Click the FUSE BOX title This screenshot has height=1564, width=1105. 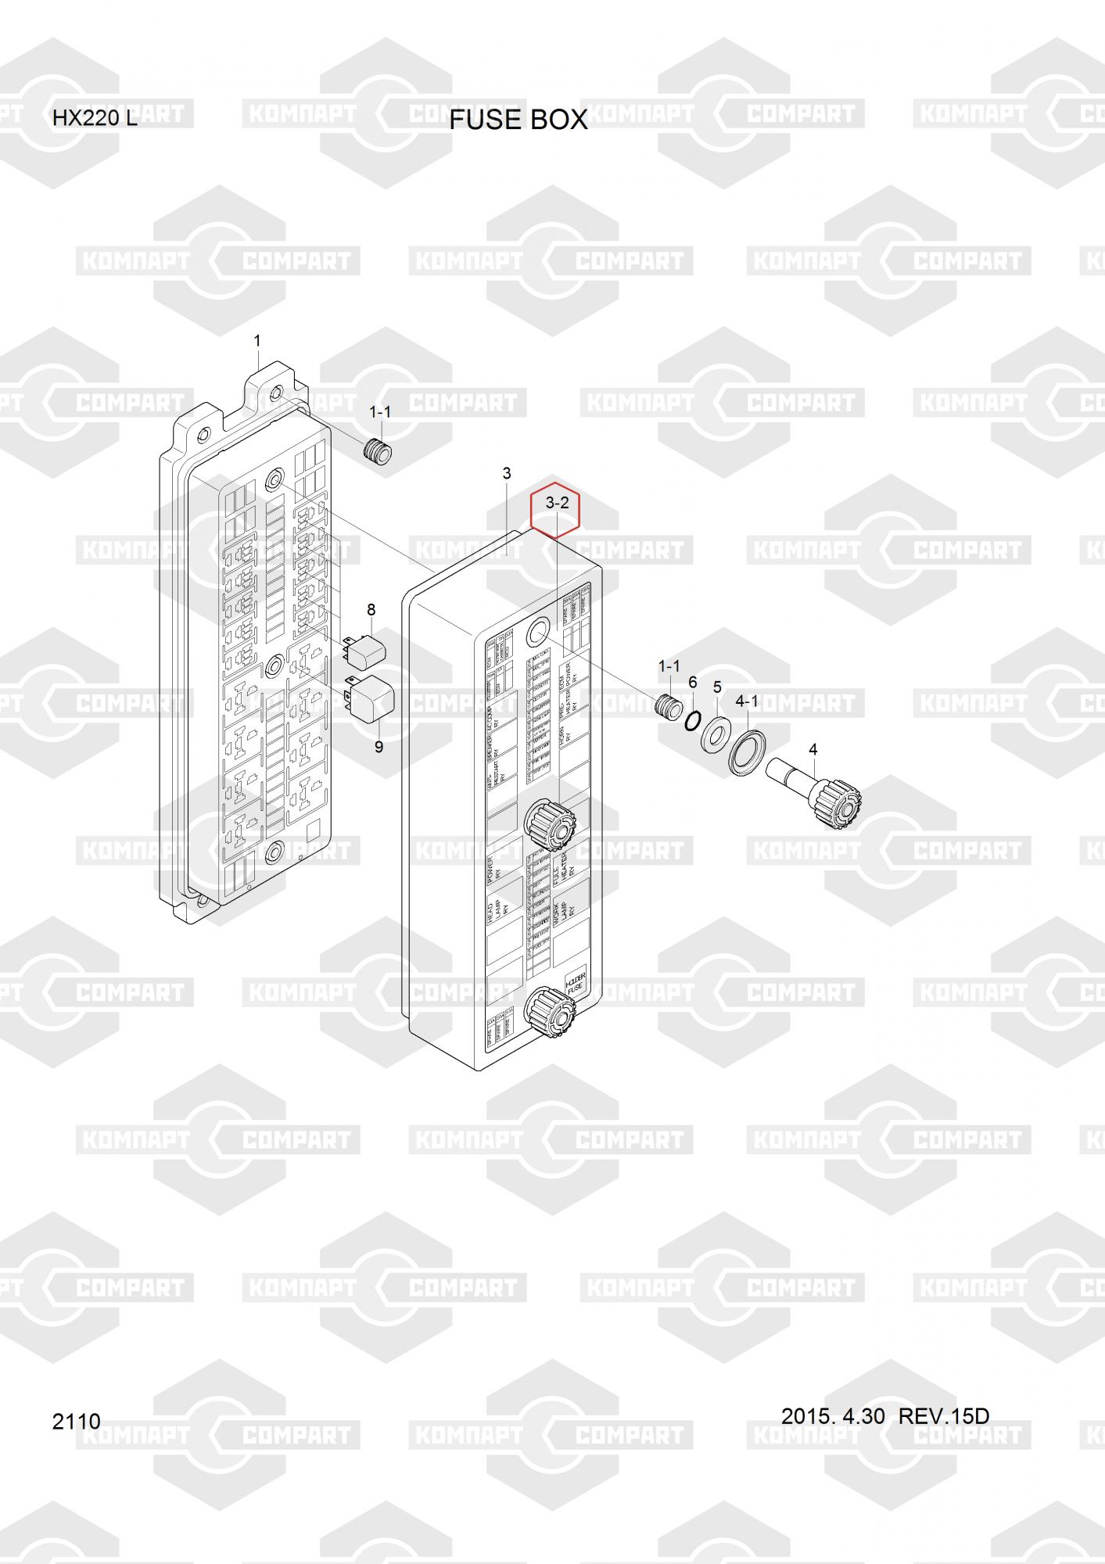pyautogui.click(x=518, y=120)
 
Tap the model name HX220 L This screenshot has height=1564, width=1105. pyautogui.click(x=95, y=119)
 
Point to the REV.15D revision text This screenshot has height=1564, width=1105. pyautogui.click(x=944, y=1415)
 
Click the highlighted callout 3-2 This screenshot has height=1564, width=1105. pyautogui.click(x=556, y=504)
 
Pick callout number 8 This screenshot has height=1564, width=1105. pyautogui.click(x=371, y=610)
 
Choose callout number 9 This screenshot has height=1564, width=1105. pyautogui.click(x=378, y=747)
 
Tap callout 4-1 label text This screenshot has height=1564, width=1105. pyautogui.click(x=748, y=701)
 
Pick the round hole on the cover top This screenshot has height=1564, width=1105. pyautogui.click(x=538, y=633)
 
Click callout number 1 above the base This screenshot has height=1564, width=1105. pyautogui.click(x=257, y=341)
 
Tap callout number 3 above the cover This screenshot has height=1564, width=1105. pyautogui.click(x=507, y=473)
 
